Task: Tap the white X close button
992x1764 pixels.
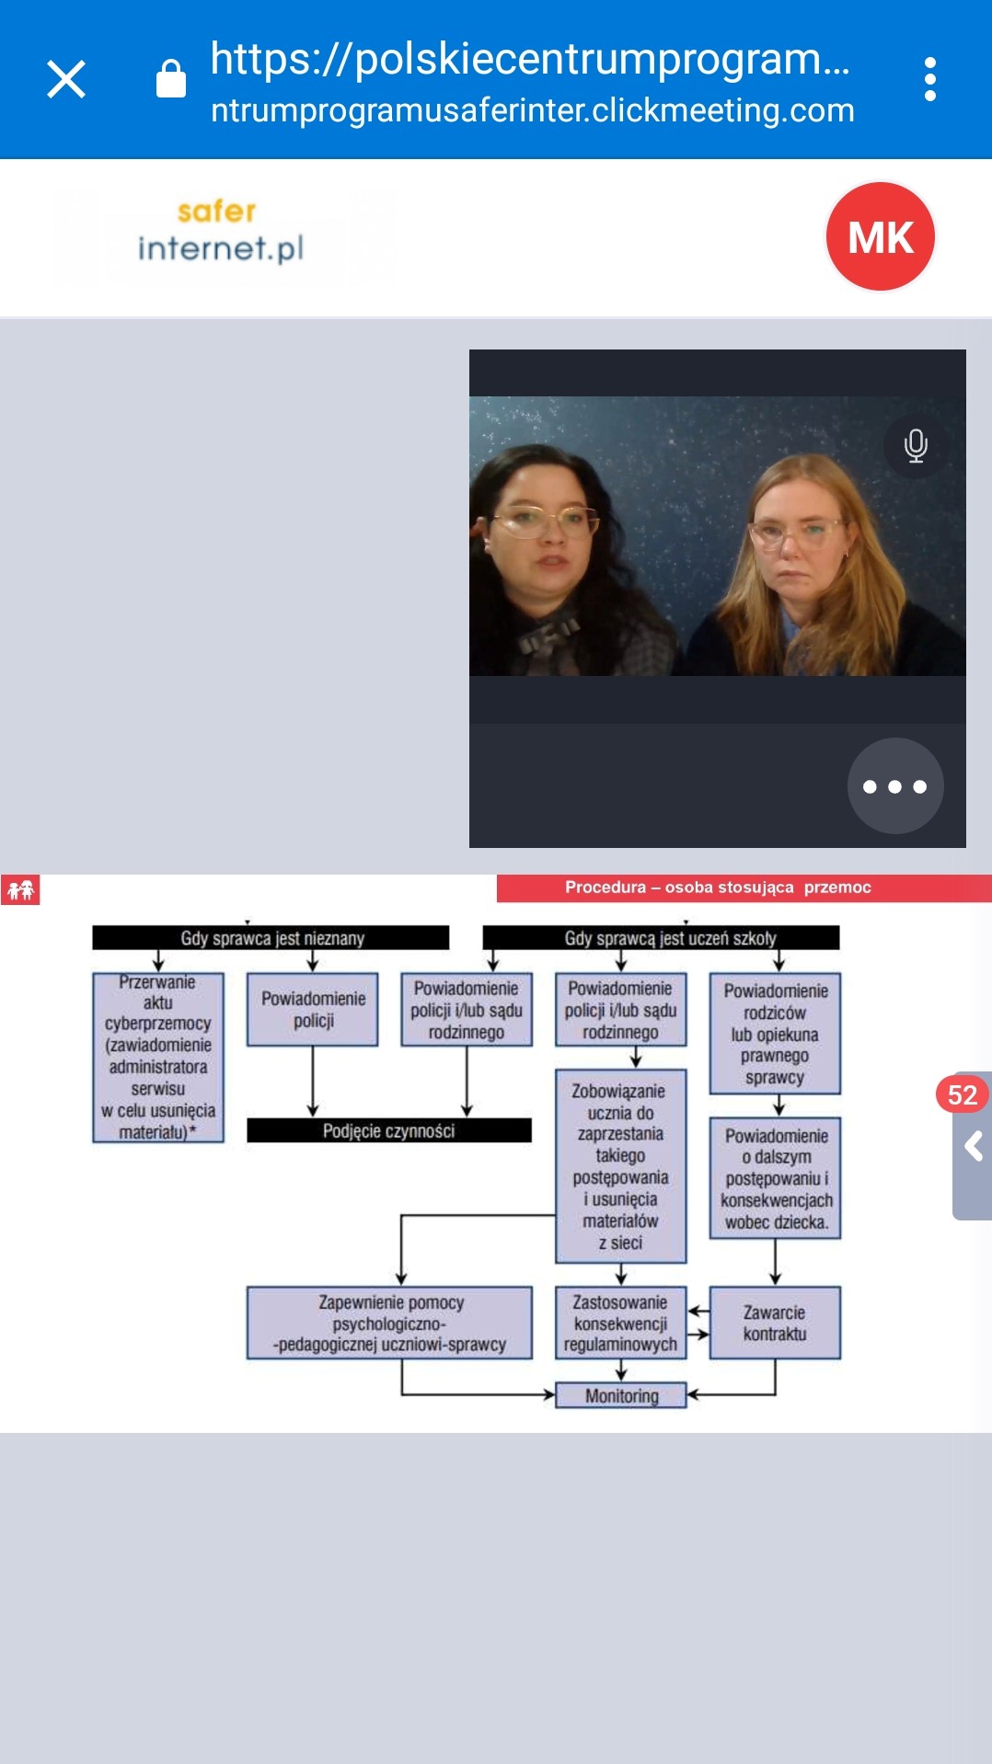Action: pos(66,79)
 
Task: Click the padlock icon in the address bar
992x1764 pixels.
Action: pos(171,79)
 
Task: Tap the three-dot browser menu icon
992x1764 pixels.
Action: pos(929,79)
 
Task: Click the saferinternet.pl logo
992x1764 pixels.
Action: pos(219,231)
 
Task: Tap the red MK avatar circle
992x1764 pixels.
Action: pos(880,236)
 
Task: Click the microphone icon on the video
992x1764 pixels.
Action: pos(915,445)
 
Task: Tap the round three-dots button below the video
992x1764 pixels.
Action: pos(894,786)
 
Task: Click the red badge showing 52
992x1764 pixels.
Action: pos(962,1094)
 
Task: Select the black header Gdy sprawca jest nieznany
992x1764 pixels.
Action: pos(271,938)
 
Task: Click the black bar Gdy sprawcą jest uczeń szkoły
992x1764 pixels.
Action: pos(661,938)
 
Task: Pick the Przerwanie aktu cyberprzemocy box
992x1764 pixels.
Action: pos(158,1058)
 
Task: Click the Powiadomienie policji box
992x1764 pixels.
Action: pos(313,1010)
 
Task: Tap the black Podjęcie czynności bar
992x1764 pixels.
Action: pos(388,1130)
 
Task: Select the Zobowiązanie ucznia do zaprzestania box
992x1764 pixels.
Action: pos(620,1166)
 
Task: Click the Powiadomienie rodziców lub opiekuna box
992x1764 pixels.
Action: pos(775,1034)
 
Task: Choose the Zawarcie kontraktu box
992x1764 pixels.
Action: pos(775,1323)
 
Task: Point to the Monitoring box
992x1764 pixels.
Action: pos(621,1395)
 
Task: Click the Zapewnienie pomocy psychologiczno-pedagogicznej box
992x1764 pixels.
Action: pos(389,1323)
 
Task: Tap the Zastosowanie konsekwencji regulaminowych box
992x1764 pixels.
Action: pos(620,1323)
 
